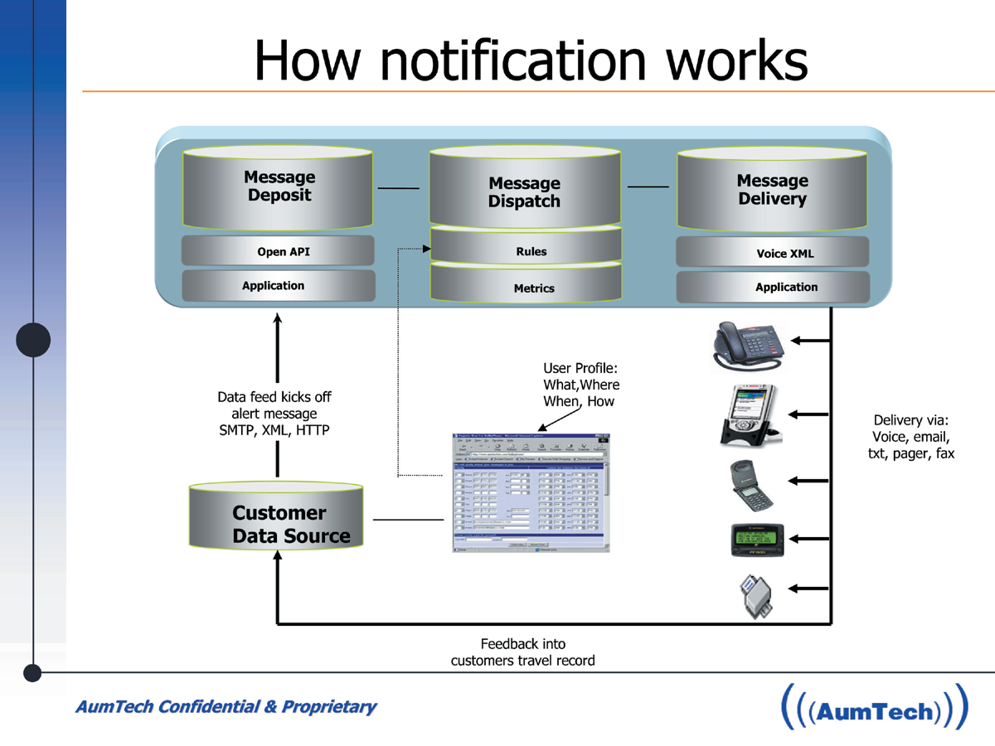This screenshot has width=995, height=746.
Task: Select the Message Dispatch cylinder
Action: coord(524,191)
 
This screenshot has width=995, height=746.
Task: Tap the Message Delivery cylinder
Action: coord(772,190)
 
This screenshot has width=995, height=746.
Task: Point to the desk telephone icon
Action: coord(749,344)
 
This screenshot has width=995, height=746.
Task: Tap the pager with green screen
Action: coord(757,540)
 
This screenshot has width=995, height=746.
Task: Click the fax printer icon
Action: coord(755,595)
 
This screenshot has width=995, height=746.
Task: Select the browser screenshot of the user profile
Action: coord(531,492)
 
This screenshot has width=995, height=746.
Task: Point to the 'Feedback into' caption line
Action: coord(522,643)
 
